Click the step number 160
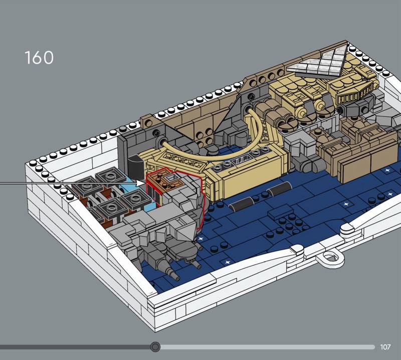pyautogui.click(x=39, y=57)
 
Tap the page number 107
pyautogui.click(x=385, y=347)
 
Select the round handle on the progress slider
pyautogui.click(x=155, y=347)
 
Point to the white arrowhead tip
pyautogui.click(x=145, y=183)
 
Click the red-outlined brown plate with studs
pyautogui.click(x=163, y=181)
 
